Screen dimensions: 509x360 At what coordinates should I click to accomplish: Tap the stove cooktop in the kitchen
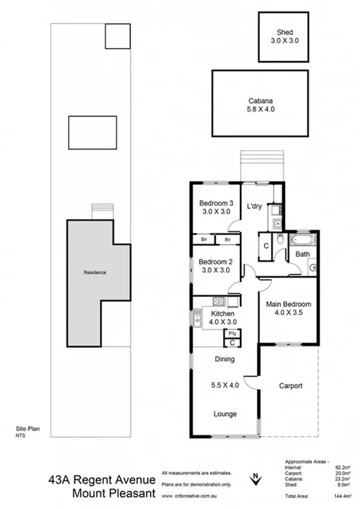pos(218,301)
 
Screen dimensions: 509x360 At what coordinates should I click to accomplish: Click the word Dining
pos(225,360)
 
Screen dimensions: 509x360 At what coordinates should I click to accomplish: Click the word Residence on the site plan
pos(94,273)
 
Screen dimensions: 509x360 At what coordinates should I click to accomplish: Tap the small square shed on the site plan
pos(117,36)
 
